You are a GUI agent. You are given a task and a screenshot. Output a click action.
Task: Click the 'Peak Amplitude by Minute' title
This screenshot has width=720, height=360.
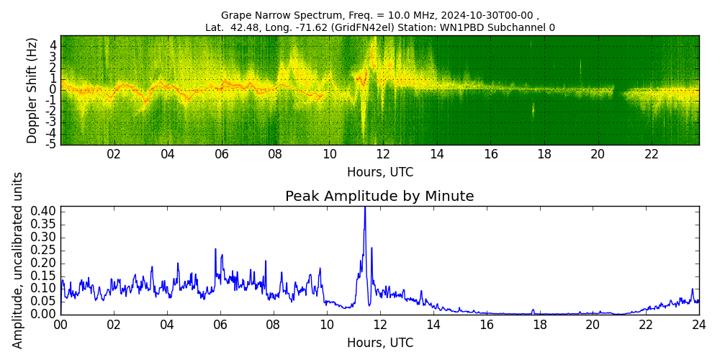(x=379, y=197)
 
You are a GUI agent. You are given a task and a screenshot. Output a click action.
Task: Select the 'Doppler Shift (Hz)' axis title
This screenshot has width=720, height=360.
(x=32, y=90)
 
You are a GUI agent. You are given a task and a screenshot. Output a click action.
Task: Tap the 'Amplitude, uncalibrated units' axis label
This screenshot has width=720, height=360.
(x=18, y=260)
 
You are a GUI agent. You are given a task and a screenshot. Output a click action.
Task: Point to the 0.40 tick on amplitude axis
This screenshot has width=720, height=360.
(x=43, y=212)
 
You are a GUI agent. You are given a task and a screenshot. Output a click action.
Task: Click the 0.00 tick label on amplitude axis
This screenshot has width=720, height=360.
(x=43, y=314)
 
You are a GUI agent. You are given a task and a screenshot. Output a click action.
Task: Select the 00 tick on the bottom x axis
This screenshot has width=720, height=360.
(x=60, y=325)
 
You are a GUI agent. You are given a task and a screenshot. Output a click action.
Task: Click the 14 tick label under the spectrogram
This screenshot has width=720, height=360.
(x=437, y=154)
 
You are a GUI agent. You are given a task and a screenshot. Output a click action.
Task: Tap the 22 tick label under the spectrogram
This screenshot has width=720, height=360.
(x=652, y=154)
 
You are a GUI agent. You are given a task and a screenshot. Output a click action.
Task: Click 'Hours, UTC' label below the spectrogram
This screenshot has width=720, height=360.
(x=379, y=173)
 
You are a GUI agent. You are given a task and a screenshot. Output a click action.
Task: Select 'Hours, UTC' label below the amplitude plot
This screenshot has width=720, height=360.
(x=379, y=343)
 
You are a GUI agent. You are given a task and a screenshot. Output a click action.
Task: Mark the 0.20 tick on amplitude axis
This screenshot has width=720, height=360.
(x=43, y=263)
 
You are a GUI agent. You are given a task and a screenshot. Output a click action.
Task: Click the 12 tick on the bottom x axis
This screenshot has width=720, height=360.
(x=379, y=325)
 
